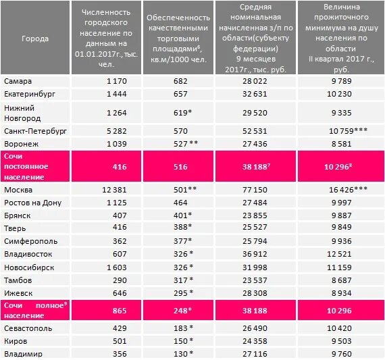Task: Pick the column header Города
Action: point(35,38)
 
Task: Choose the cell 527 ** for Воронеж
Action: point(176,143)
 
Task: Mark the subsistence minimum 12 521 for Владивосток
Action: point(340,254)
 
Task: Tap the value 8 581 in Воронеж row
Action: point(340,143)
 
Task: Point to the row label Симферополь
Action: point(26,241)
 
